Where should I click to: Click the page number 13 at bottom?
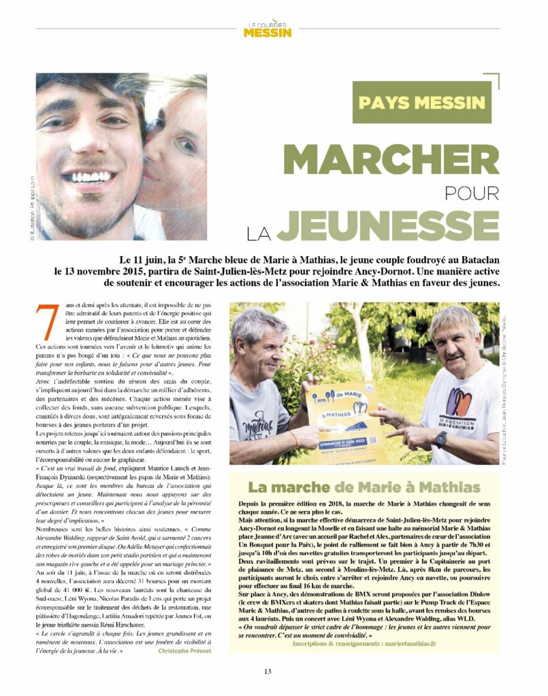click(x=268, y=672)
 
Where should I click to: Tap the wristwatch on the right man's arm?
click(x=441, y=440)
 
